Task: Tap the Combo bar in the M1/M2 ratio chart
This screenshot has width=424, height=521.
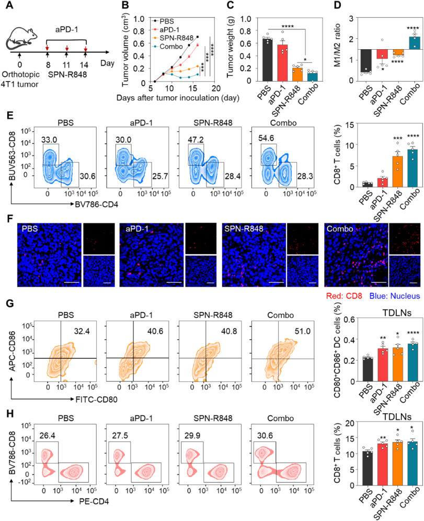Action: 401,40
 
